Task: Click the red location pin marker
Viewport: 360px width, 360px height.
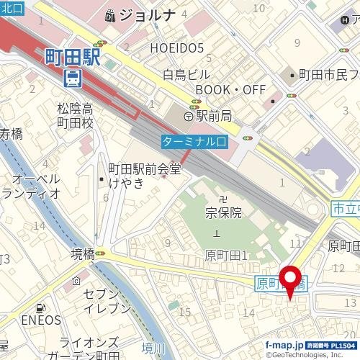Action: [x=290, y=281]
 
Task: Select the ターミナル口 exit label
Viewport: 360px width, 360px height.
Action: [x=195, y=141]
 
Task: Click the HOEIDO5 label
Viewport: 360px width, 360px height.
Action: [x=177, y=48]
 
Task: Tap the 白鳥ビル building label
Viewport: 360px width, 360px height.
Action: [x=186, y=74]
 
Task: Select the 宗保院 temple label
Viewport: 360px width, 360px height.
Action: [x=223, y=213]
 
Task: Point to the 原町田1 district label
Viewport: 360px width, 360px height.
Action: [x=226, y=255]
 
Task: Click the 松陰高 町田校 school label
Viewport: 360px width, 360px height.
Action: [x=76, y=116]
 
